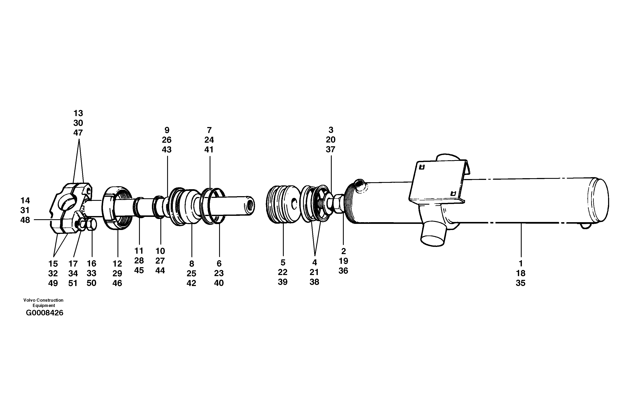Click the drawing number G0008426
44,313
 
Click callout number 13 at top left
78,113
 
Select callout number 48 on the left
25,220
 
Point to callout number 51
73,283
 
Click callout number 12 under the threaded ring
117,264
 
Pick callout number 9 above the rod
167,130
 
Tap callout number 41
209,149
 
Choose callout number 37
330,149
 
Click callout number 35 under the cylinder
520,283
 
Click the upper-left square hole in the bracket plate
422,167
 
